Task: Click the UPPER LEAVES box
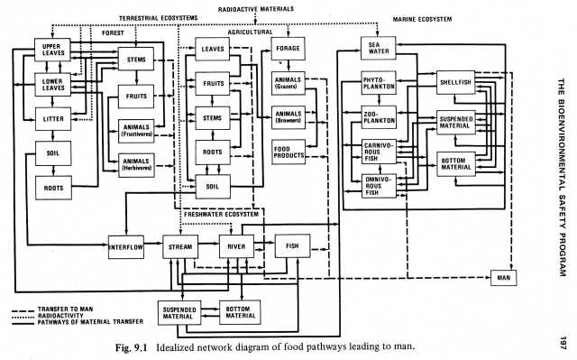[x=52, y=50]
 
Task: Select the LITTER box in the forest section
[x=53, y=119]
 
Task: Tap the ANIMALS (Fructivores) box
[x=136, y=131]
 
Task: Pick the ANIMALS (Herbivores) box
[x=136, y=165]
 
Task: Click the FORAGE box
[x=288, y=49]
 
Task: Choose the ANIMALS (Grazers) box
[x=288, y=83]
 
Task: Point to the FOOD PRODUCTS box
[x=288, y=152]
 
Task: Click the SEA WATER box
[x=379, y=48]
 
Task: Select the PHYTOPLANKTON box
[x=379, y=83]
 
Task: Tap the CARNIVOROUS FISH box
[x=379, y=152]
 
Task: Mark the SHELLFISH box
[x=455, y=82]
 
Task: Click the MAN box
[x=503, y=278]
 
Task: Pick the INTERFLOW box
[x=126, y=247]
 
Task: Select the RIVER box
[x=236, y=246]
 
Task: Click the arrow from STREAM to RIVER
[x=208, y=244]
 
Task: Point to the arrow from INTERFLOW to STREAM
[x=153, y=244]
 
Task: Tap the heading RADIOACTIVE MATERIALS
[x=256, y=9]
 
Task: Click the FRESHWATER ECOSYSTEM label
[x=222, y=214]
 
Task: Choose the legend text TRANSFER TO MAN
[x=66, y=309]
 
